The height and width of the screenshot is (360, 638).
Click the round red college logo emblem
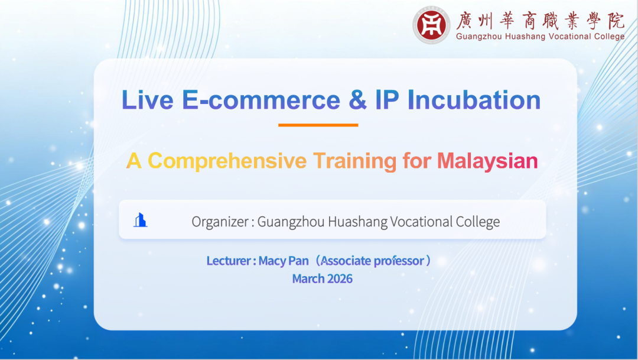pyautogui.click(x=431, y=25)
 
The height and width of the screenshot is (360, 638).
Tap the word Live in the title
pyautogui.click(x=147, y=100)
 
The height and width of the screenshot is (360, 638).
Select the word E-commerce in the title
pyautogui.click(x=261, y=100)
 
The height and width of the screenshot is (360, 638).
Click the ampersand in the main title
pyautogui.click(x=357, y=100)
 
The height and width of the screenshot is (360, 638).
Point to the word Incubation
pyautogui.click(x=474, y=100)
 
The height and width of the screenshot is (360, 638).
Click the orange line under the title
pyautogui.click(x=318, y=125)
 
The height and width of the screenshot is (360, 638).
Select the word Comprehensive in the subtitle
pyautogui.click(x=227, y=161)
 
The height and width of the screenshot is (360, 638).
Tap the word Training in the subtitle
pyautogui.click(x=355, y=161)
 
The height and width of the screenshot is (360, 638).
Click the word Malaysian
pyautogui.click(x=487, y=161)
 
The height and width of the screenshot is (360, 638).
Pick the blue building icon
pyautogui.click(x=141, y=220)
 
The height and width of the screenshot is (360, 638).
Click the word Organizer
pyautogui.click(x=220, y=222)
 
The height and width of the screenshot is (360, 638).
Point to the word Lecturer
pyautogui.click(x=229, y=261)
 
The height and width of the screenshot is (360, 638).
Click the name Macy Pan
pyautogui.click(x=284, y=261)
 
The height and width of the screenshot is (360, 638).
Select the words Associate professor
pyautogui.click(x=372, y=261)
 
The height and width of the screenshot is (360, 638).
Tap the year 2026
pyautogui.click(x=340, y=278)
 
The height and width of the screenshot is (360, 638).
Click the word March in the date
pyautogui.click(x=308, y=278)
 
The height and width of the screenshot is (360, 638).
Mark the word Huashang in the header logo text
pyautogui.click(x=525, y=37)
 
